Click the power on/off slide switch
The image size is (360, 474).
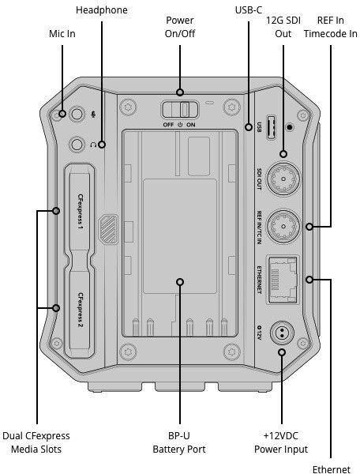click(180, 109)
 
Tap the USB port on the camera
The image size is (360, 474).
click(271, 127)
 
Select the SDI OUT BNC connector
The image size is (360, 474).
click(283, 179)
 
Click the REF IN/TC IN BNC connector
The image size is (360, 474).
click(283, 227)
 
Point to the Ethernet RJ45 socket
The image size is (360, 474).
click(283, 280)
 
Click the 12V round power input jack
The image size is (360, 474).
click(282, 333)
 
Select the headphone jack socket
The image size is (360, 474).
click(77, 144)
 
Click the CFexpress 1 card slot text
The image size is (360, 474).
click(80, 211)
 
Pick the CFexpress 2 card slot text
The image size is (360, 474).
click(81, 310)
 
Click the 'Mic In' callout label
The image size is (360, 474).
click(62, 33)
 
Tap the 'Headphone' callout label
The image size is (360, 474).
click(102, 10)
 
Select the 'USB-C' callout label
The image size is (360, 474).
click(248, 10)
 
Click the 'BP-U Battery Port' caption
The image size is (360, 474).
click(179, 442)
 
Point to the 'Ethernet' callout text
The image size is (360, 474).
click(332, 469)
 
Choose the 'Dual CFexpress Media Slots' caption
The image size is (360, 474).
click(36, 442)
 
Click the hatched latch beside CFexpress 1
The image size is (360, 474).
click(108, 229)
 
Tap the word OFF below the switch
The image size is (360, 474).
click(168, 125)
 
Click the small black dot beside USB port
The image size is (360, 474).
click(290, 127)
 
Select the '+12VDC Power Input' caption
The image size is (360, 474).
click(281, 442)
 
